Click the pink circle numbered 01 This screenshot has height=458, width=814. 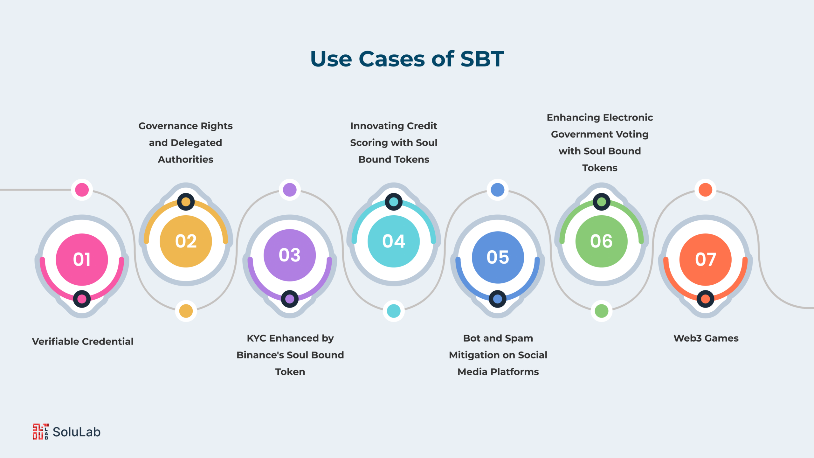pyautogui.click(x=82, y=260)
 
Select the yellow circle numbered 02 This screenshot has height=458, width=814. pyautogui.click(x=186, y=241)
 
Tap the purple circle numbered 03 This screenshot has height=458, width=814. pyautogui.click(x=290, y=255)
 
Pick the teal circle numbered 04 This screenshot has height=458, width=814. pyautogui.click(x=394, y=241)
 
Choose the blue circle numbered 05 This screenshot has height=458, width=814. pyautogui.click(x=498, y=257)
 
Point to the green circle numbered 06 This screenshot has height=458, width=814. pyautogui.click(x=601, y=241)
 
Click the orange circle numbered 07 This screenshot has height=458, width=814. pyautogui.click(x=705, y=260)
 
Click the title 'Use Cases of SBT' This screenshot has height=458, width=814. pyautogui.click(x=407, y=59)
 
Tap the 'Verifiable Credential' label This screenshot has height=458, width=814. pyautogui.click(x=83, y=342)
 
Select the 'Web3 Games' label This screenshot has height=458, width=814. pyautogui.click(x=706, y=338)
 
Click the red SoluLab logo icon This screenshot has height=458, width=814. pyautogui.click(x=41, y=432)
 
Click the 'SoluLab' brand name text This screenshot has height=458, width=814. pyautogui.click(x=77, y=432)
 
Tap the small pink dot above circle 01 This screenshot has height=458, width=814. pyautogui.click(x=82, y=190)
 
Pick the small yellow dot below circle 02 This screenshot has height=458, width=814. pyautogui.click(x=186, y=311)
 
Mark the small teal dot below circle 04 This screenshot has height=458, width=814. pyautogui.click(x=394, y=311)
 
